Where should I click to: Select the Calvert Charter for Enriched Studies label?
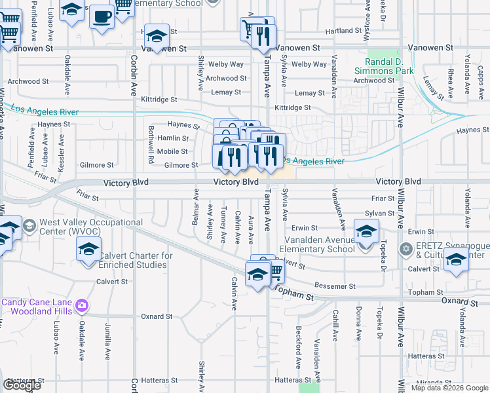point(136,260)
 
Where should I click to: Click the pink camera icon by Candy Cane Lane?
point(81,305)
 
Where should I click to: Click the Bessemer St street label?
point(334,286)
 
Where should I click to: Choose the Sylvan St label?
point(380,214)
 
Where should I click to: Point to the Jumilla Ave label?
point(106,346)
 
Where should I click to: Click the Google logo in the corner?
point(22,385)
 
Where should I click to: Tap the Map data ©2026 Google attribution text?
point(449,388)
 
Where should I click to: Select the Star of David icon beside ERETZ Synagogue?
point(406,248)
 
